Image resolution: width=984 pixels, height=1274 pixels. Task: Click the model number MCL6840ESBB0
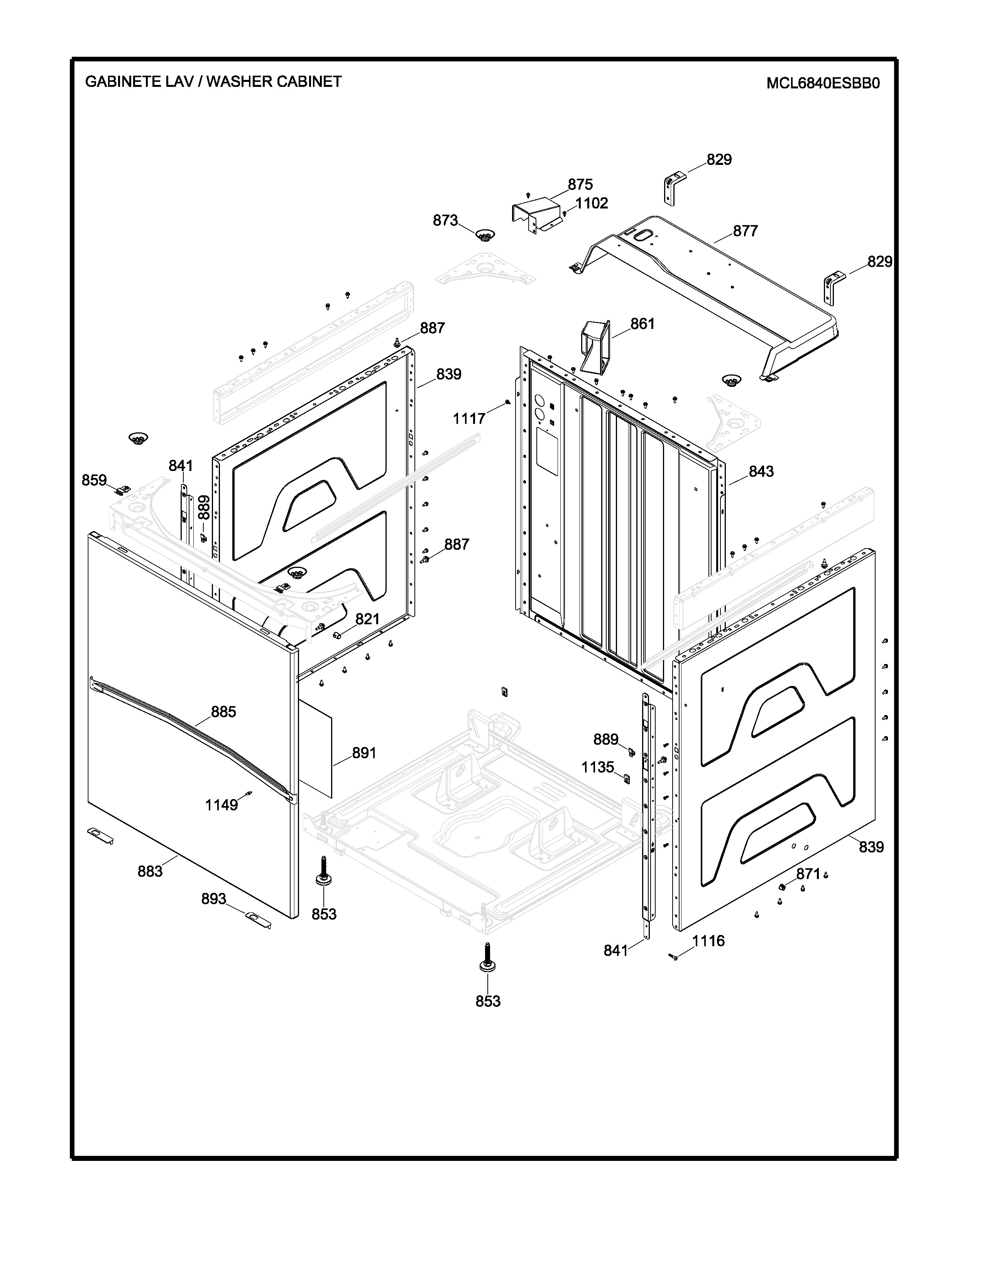click(x=823, y=83)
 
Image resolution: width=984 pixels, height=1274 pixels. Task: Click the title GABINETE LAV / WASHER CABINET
click(x=213, y=82)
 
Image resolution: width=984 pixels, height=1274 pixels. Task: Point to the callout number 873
click(x=445, y=220)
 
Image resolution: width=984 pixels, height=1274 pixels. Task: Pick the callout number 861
click(x=642, y=324)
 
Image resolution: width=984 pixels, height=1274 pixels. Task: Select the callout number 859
click(x=94, y=480)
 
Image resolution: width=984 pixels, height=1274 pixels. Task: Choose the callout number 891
click(x=364, y=753)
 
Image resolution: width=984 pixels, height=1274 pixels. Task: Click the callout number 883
click(x=150, y=871)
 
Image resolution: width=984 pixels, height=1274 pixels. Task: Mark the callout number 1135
click(x=597, y=767)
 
